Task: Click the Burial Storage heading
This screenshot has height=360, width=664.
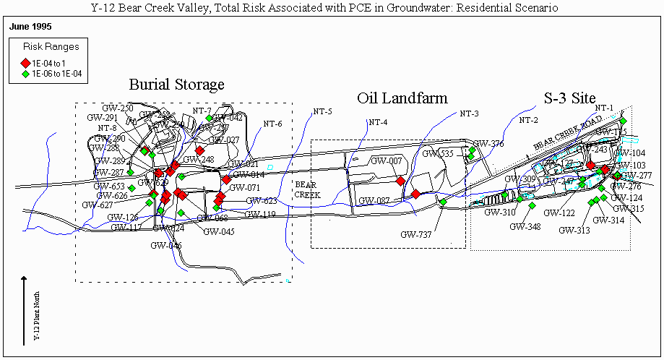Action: [x=176, y=85]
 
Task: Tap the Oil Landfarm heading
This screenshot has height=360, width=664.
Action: [x=402, y=98]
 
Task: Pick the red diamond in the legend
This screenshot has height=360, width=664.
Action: [x=25, y=63]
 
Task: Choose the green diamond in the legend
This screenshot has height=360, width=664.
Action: [x=25, y=73]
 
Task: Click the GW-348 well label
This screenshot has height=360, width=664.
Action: [x=525, y=226]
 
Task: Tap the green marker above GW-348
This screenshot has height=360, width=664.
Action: [x=533, y=206]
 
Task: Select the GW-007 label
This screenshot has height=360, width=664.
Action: [x=385, y=160]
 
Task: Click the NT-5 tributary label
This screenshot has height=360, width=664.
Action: [x=322, y=111]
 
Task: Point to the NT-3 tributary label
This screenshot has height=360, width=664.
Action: [x=470, y=113]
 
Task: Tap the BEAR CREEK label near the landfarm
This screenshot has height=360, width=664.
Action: [x=306, y=189]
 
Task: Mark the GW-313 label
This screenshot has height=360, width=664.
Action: [x=574, y=230]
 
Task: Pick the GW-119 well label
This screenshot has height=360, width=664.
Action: [x=259, y=214]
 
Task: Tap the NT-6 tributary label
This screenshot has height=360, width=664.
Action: [x=272, y=123]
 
